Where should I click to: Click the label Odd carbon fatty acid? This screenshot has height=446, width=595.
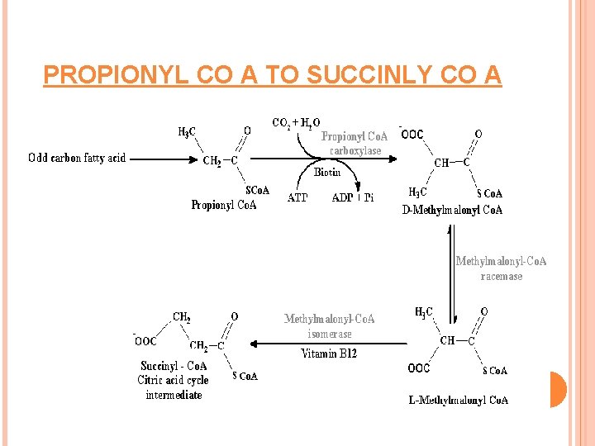[x=77, y=158]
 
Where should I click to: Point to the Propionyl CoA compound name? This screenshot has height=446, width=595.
[x=223, y=205]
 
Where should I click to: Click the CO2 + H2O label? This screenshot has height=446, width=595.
[x=296, y=123]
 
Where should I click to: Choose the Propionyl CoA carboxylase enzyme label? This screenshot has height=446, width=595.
[x=355, y=143]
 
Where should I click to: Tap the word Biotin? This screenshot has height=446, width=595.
[x=327, y=173]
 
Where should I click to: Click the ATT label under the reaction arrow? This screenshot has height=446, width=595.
[x=297, y=197]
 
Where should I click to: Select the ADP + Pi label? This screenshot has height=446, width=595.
[x=353, y=197]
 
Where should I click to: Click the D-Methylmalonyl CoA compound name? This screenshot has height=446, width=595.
[x=452, y=210]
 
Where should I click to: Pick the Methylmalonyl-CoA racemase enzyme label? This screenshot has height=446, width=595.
[x=501, y=268]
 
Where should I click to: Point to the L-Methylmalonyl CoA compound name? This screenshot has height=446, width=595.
[x=459, y=401]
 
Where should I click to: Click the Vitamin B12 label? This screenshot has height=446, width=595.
[x=330, y=353]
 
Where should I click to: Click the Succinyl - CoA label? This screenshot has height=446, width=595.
[x=174, y=366]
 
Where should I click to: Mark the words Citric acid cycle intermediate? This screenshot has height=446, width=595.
[x=174, y=387]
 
